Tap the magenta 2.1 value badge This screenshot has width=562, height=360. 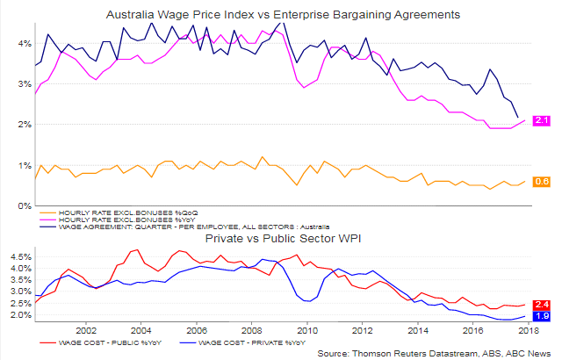point(542,120)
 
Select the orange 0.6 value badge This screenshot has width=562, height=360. point(542,182)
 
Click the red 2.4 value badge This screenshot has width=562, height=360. point(542,305)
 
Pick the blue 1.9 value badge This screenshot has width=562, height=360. point(542,316)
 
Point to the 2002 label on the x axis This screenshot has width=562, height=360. point(86,330)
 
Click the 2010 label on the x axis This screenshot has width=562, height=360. point(307,330)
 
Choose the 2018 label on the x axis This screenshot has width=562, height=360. point(529,330)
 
